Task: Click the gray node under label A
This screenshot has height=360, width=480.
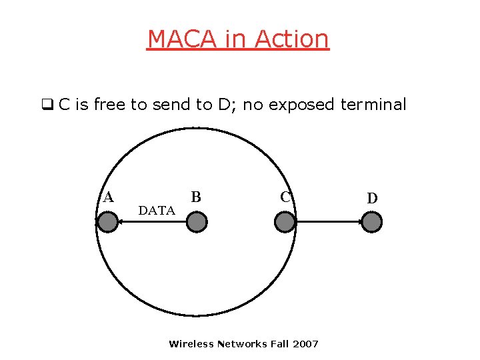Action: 107,222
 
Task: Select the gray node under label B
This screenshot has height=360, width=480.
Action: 196,222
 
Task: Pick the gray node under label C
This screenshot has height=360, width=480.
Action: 285,222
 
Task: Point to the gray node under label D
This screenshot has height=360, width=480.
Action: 372,222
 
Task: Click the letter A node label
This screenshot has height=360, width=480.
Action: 108,197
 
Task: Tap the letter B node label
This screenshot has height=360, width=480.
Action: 196,197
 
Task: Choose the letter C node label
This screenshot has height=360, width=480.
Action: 285,197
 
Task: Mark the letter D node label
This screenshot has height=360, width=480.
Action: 372,198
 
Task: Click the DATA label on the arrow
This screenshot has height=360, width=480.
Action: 157,211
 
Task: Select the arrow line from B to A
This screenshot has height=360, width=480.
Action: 152,223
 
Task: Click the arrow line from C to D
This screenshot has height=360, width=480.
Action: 329,223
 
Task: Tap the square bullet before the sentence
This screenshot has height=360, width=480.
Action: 47,105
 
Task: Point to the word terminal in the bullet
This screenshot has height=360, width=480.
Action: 373,105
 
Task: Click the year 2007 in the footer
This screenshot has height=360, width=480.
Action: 306,344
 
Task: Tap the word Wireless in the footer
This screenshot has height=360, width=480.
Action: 191,344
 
